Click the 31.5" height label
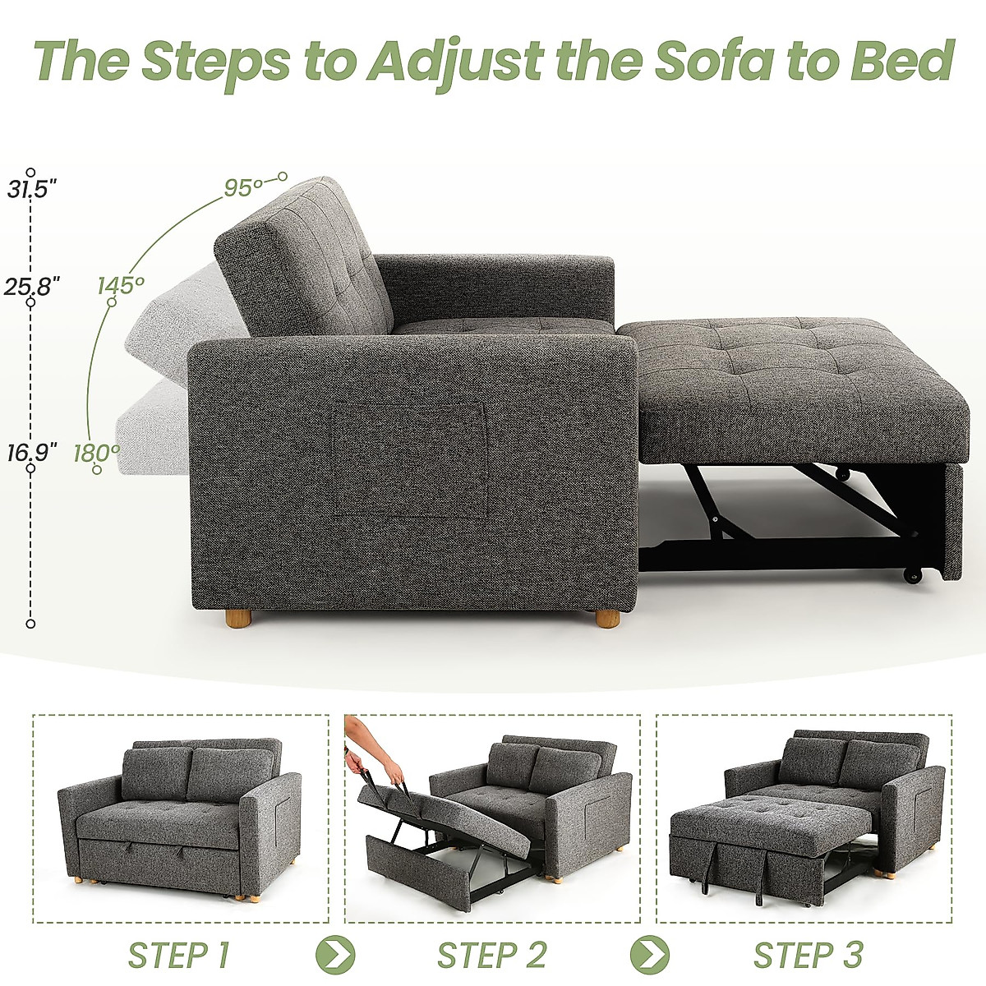point(32,191)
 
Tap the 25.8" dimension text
point(32,287)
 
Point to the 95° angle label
point(243,188)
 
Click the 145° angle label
point(121,286)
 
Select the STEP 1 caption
point(179,956)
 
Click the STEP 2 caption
point(491,956)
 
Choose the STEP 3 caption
point(809,956)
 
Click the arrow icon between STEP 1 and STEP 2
point(336,956)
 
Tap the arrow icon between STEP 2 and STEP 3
point(650,956)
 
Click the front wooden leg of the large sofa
point(608,616)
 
